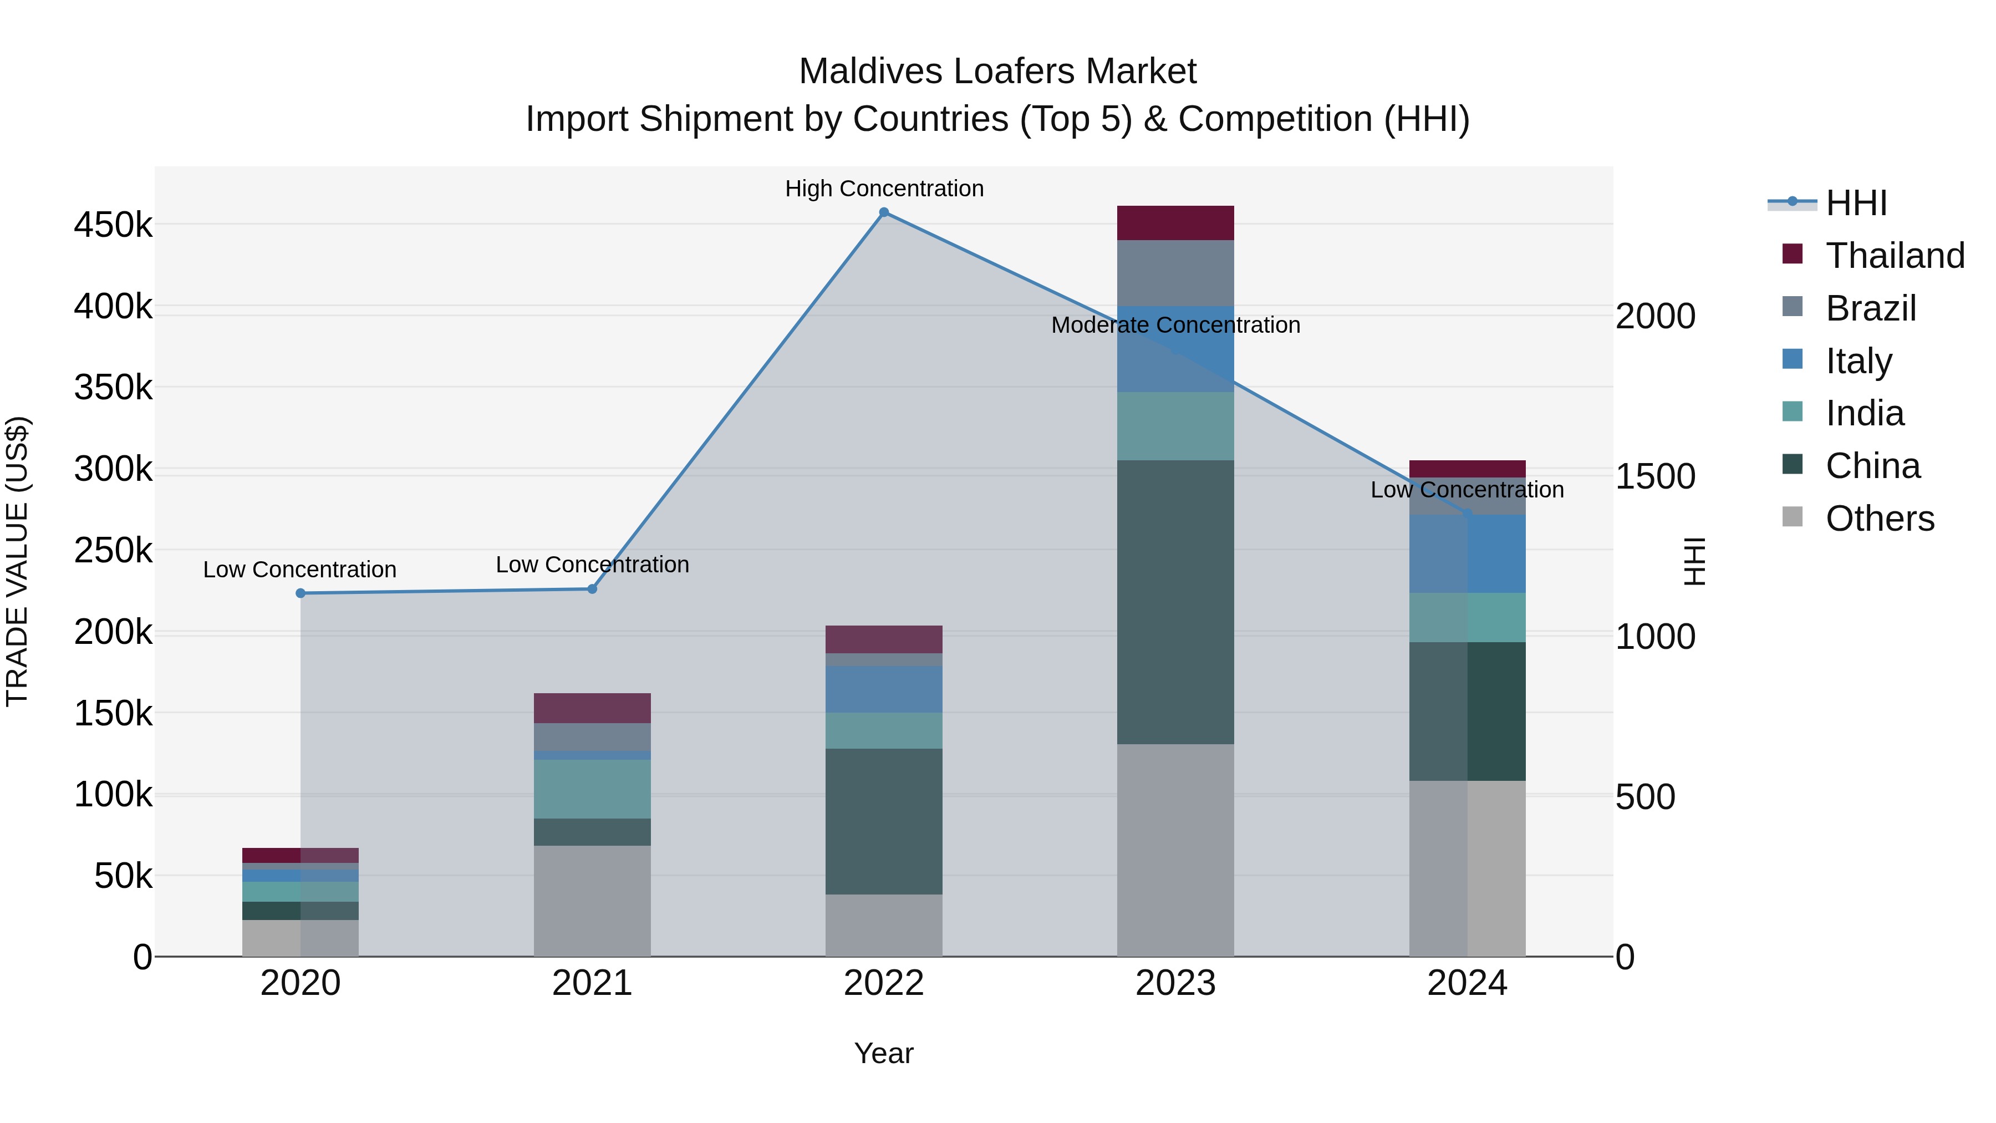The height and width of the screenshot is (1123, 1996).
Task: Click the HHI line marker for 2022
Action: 884,212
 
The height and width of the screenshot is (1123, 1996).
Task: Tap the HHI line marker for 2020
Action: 301,593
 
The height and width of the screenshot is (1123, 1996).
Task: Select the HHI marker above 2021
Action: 592,589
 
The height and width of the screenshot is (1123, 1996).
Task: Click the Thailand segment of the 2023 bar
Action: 1175,223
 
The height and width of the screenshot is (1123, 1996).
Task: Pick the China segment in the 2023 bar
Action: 1175,602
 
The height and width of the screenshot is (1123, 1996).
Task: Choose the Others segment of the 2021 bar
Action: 592,901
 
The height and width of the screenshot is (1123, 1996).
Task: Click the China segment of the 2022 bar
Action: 884,821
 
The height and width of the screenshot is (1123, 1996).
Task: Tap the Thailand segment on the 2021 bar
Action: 592,708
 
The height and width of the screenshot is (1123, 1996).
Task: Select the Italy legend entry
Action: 1858,361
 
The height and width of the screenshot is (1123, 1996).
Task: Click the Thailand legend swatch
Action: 1792,254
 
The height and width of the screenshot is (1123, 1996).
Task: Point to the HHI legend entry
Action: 1856,203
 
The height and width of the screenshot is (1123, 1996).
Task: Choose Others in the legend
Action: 1879,519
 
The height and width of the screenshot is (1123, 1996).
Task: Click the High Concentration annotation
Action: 884,189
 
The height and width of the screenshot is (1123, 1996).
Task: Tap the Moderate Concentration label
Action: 1175,325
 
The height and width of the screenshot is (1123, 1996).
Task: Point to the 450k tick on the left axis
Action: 113,226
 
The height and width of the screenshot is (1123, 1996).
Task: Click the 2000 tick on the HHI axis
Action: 1656,316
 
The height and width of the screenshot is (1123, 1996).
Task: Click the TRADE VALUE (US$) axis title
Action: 17,561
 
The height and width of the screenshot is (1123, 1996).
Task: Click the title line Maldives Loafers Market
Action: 997,72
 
